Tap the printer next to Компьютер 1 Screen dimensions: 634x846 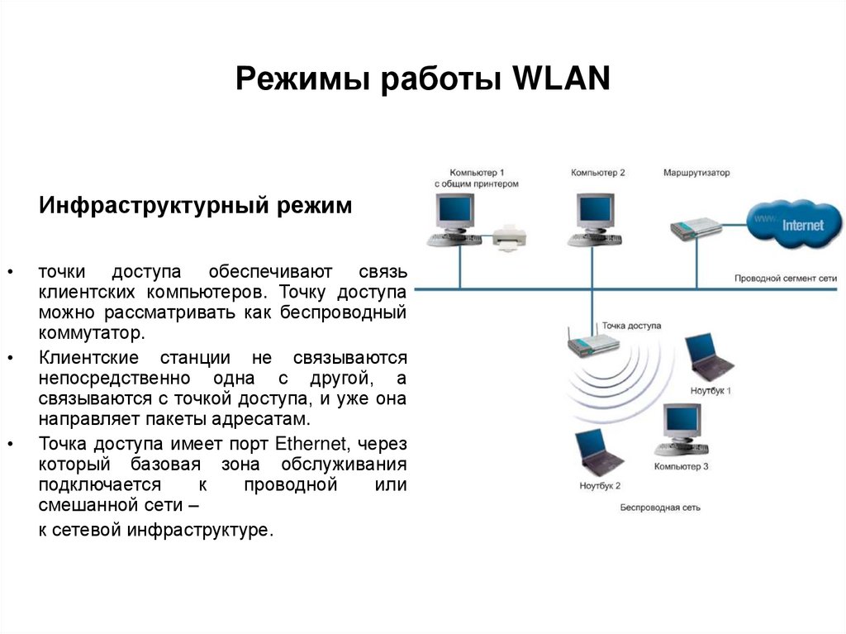click(510, 235)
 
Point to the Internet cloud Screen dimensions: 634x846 click(795, 224)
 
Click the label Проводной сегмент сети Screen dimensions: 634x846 click(785, 279)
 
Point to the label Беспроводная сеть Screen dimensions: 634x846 click(660, 507)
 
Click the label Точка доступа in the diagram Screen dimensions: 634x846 click(632, 326)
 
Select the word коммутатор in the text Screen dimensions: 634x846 click(91, 333)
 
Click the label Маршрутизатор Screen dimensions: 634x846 click(696, 173)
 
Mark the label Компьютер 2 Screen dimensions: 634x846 click(598, 173)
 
